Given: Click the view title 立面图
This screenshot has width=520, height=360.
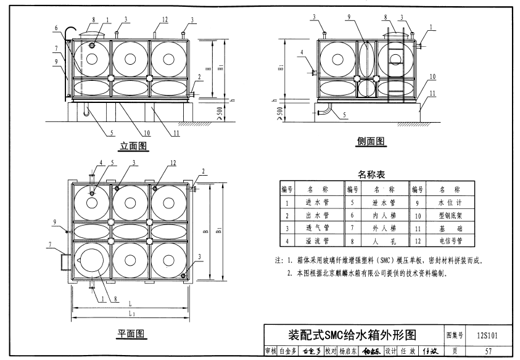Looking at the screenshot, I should point(133,146).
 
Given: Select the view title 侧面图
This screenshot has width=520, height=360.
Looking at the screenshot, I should point(371,142).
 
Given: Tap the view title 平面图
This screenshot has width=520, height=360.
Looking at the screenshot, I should point(131,333).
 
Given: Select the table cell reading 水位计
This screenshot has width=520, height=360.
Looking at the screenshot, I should point(449,202).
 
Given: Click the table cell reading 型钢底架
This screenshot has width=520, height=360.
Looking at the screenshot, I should point(449,215).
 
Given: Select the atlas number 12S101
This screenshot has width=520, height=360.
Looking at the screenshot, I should point(487,335).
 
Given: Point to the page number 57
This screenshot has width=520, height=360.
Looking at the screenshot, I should point(487,351).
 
